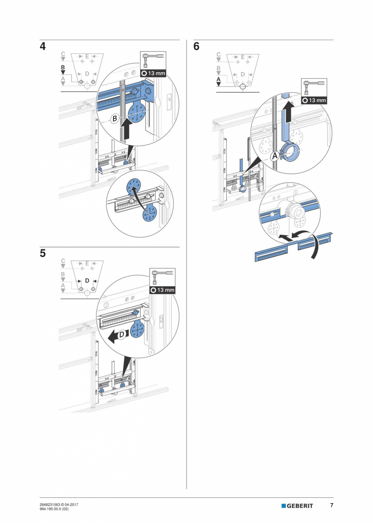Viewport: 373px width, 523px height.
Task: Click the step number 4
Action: tap(43, 47)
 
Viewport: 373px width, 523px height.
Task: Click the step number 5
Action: tap(43, 253)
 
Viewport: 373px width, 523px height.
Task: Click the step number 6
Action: tap(196, 47)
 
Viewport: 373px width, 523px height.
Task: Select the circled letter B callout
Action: tap(114, 119)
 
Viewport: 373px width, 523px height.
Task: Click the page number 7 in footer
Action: tap(331, 505)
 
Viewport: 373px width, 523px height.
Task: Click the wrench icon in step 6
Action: tap(314, 86)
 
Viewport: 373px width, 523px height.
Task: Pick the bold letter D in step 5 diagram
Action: tap(87, 281)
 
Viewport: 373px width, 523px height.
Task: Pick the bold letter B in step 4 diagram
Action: tap(63, 67)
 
